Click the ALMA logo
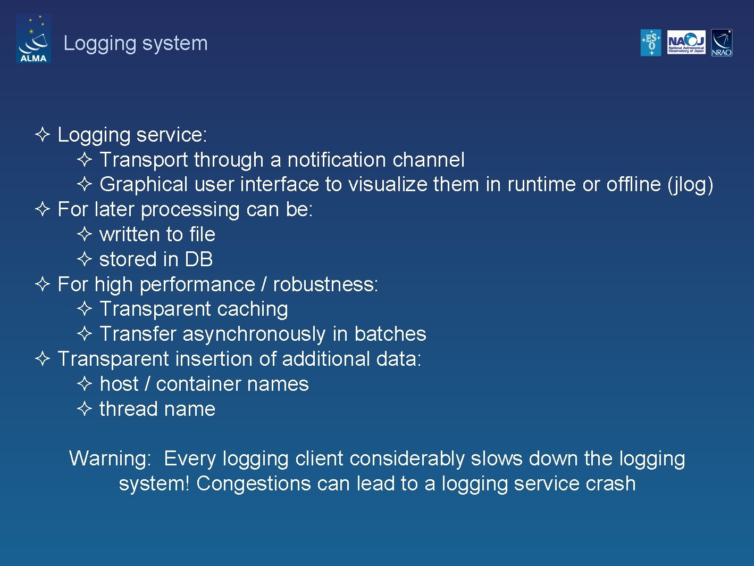point(33,38)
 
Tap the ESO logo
point(651,43)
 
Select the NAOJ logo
point(686,43)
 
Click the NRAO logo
point(722,43)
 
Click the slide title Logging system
point(136,43)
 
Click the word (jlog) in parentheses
point(690,185)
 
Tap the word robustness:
point(325,284)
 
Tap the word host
point(119,384)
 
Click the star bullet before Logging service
point(43,135)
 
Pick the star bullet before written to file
point(85,234)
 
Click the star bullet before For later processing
point(43,209)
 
